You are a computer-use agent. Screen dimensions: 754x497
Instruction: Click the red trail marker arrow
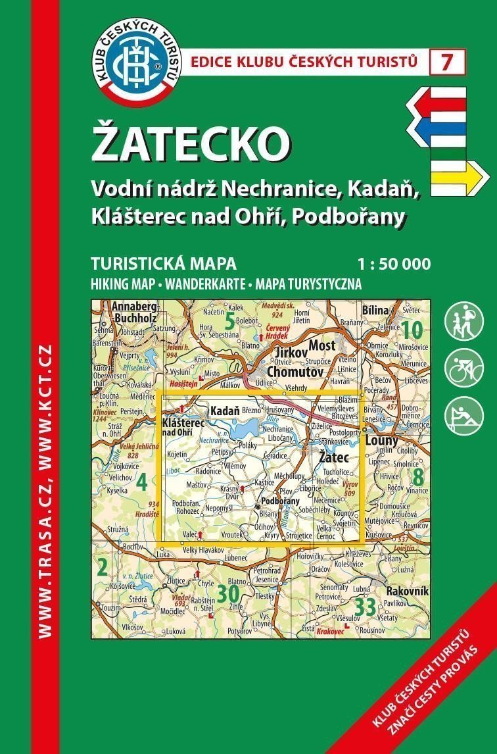point(437,103)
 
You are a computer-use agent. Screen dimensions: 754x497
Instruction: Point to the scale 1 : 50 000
point(394,265)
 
